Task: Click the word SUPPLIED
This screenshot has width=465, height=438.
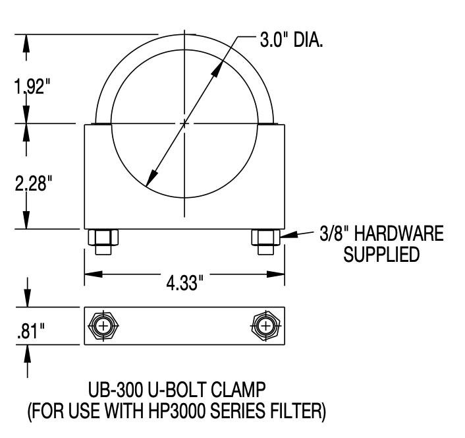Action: pyautogui.click(x=381, y=255)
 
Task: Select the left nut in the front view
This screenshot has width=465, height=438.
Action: pyautogui.click(x=103, y=240)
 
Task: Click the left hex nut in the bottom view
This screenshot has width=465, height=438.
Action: pyautogui.click(x=103, y=327)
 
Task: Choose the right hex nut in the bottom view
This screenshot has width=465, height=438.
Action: pyautogui.click(x=265, y=327)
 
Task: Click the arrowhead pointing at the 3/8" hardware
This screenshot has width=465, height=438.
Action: pyautogui.click(x=287, y=235)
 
